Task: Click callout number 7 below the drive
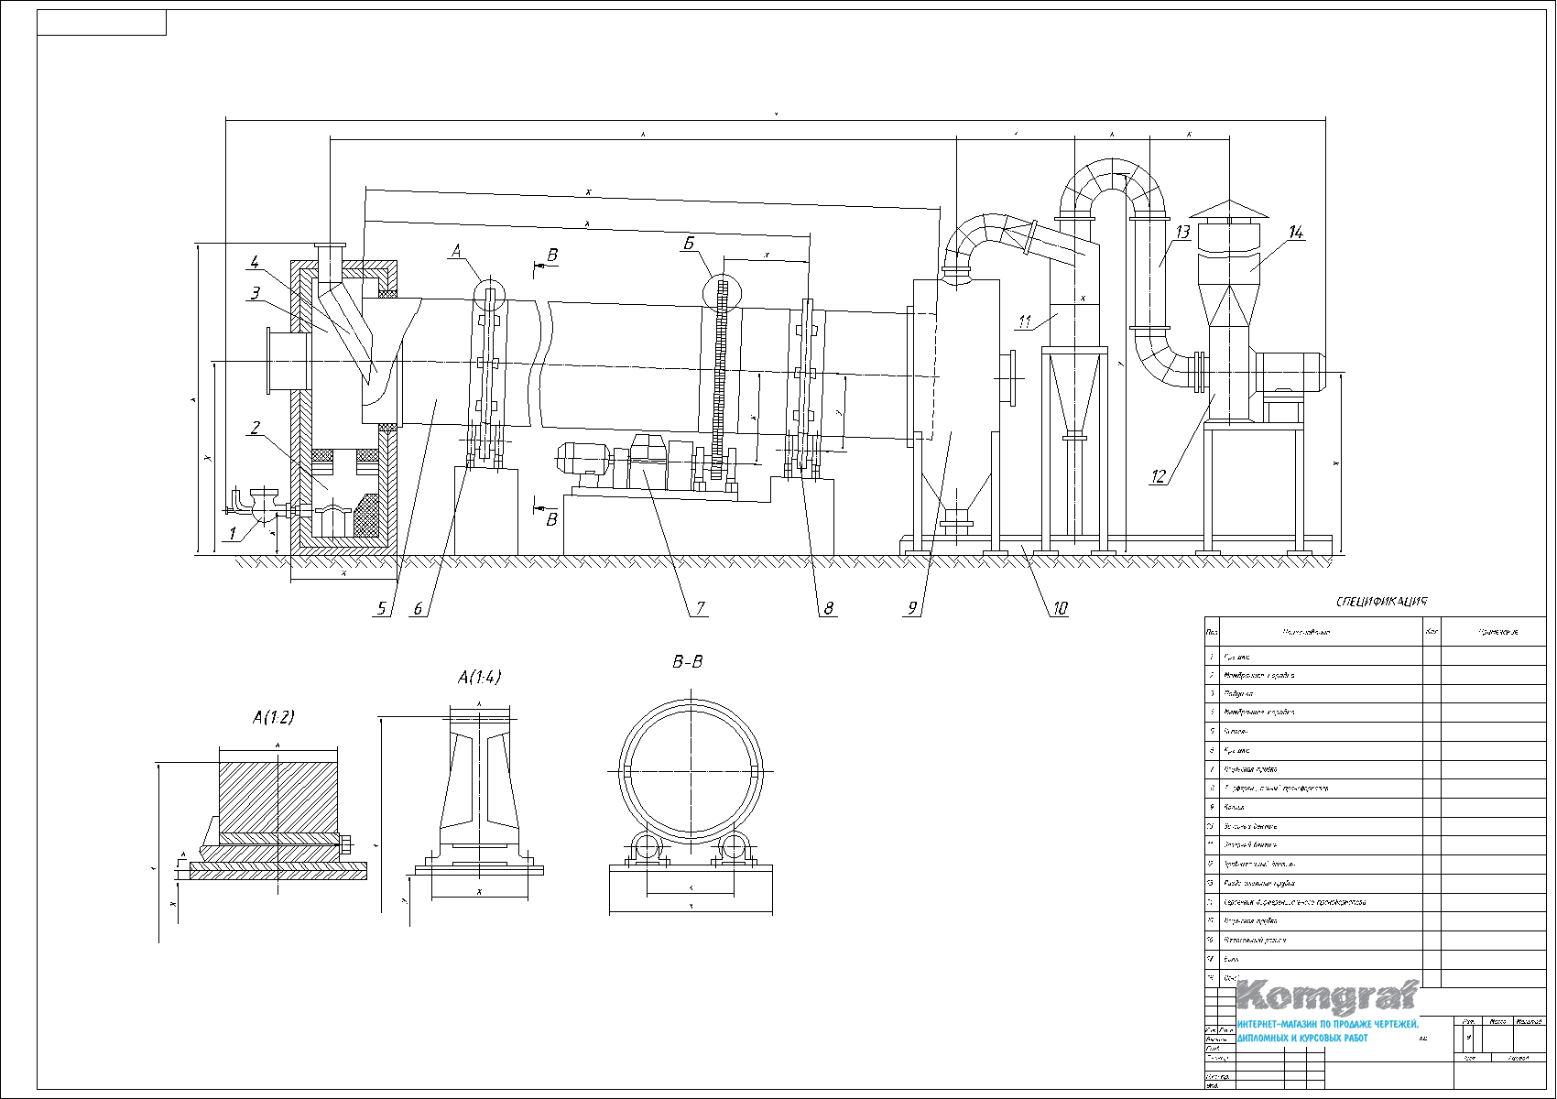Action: (700, 607)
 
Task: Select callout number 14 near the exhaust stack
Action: (1295, 233)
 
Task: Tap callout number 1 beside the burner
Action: (233, 532)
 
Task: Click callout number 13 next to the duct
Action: (1181, 233)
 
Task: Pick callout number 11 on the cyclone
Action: (1025, 321)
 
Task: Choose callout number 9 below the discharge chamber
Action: (912, 607)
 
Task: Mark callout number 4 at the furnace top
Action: (255, 263)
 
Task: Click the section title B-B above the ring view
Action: (687, 661)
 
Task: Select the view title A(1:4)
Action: (479, 677)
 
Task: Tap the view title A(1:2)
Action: (273, 717)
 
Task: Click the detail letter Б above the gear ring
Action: (689, 244)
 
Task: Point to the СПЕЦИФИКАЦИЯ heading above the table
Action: (1381, 602)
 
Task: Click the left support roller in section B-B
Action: (646, 847)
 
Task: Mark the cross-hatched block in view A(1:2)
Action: (278, 792)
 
